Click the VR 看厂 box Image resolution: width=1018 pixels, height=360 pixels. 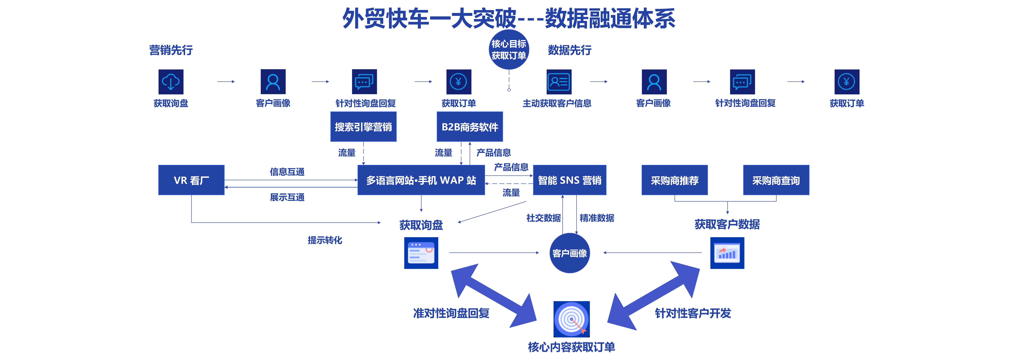[x=191, y=180]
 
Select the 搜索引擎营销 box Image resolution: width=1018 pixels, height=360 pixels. [x=363, y=127]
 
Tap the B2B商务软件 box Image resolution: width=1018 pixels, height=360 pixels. [x=470, y=127]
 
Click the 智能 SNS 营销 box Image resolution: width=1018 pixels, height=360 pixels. [x=570, y=180]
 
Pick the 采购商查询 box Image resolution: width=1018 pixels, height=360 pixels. [x=776, y=180]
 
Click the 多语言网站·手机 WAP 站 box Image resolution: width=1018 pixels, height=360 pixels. [x=421, y=180]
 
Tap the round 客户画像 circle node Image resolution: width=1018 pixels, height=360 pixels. [x=570, y=253]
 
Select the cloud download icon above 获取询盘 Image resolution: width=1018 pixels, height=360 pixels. [x=171, y=82]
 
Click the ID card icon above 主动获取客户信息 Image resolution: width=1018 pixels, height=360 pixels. [x=559, y=82]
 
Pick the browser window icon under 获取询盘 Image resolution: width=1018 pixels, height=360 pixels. [x=421, y=253]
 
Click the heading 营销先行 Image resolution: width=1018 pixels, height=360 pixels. [x=171, y=50]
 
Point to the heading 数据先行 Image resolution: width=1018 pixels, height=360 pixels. [x=570, y=50]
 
